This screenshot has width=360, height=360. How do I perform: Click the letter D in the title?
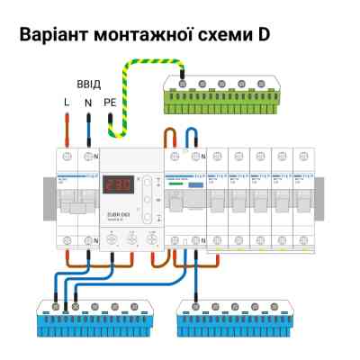click(262, 37)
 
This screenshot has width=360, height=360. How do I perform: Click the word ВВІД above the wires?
click(88, 84)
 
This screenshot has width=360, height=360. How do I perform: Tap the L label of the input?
click(66, 103)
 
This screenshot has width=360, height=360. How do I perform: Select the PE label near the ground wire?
click(111, 103)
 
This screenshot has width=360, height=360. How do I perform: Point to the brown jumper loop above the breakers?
click(168, 136)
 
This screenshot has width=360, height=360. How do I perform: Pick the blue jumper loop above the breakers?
click(191, 136)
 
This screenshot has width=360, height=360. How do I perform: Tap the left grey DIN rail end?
click(48, 193)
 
